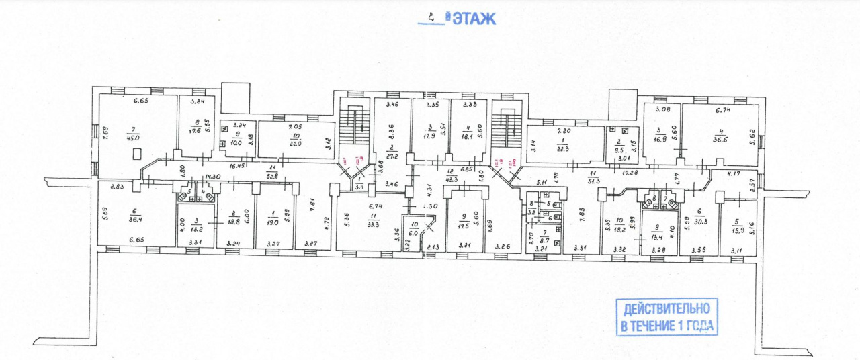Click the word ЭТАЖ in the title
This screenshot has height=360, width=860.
[x=474, y=18]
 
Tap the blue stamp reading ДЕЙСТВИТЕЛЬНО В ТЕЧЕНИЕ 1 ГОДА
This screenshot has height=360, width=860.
[x=666, y=317]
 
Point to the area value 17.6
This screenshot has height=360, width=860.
[x=194, y=131]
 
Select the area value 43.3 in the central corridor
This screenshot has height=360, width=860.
[x=451, y=179]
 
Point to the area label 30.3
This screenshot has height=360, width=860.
[x=702, y=220]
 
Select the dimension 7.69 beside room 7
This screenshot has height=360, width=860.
[x=105, y=132]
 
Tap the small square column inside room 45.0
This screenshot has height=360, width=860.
[x=138, y=154]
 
